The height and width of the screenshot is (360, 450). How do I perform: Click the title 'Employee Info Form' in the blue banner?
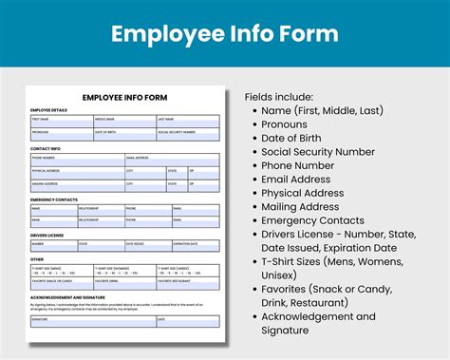(224, 34)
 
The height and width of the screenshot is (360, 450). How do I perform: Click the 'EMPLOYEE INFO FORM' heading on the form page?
(126, 98)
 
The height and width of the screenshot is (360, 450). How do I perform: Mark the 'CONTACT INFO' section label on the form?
(45, 150)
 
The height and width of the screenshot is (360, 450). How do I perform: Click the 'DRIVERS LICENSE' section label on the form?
(47, 235)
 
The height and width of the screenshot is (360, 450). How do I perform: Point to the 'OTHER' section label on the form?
(37, 258)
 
